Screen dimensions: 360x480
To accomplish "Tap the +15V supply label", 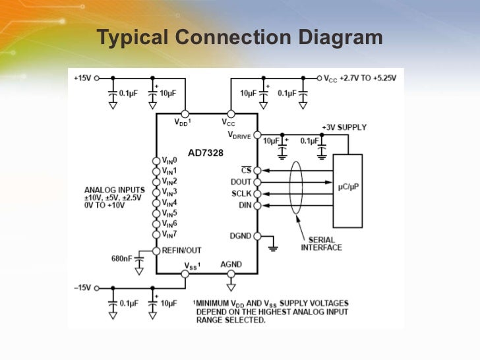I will coord(82,78).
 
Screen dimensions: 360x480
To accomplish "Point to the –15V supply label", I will coord(82,288).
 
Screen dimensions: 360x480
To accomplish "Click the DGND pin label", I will coord(240,236).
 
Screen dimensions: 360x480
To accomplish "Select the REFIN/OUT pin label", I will coord(183,251).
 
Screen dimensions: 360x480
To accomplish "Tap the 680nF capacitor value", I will coord(122,257).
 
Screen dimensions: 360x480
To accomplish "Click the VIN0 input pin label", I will coord(169,160).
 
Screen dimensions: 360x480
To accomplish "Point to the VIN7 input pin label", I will coord(169,234).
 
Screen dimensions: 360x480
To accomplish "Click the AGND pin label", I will coord(231,265).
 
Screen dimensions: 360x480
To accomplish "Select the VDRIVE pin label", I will coord(240,135).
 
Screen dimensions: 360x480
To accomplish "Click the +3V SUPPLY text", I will coord(344,127).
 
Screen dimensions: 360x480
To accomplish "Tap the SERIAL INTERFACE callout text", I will coord(322,243).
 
